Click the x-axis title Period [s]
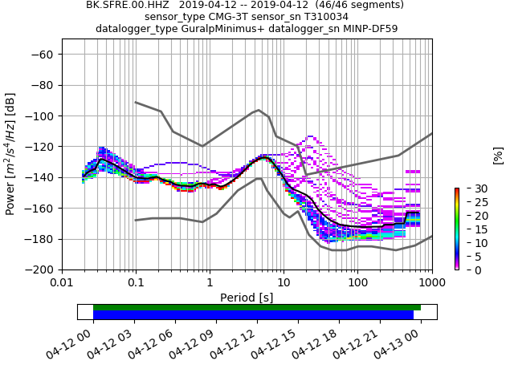coord(247,298)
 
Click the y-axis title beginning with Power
coord(10,154)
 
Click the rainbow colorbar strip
coord(456,229)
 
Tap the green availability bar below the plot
coord(257,307)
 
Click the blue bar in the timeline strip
coord(253,314)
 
